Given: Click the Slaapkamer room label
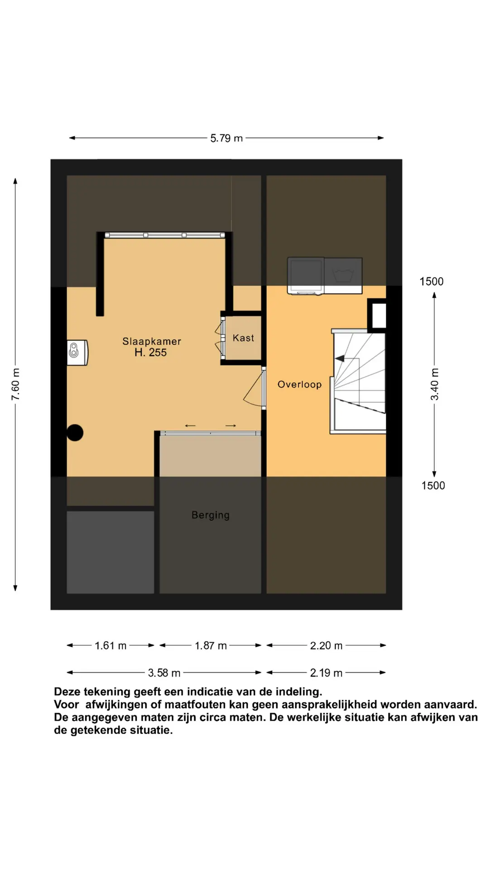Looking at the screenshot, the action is point(152,341).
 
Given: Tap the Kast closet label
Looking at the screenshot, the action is point(244,338).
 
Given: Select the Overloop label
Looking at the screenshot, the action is point(300,385).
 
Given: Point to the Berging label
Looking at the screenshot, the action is point(211,515).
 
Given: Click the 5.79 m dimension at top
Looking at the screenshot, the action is point(226,138).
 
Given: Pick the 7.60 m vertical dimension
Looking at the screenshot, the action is point(15,384).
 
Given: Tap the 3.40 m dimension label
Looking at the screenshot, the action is point(435,384).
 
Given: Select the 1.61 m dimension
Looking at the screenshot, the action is point(110,646).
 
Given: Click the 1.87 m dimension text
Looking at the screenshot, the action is point(211,646).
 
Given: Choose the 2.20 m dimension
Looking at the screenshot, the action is point(326,646).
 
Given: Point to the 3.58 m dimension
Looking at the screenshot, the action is point(164,673).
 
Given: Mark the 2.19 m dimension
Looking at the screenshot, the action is point(326,673).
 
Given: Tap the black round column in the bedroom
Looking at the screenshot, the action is point(75,433).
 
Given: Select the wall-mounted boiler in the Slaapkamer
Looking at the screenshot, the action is point(77,352).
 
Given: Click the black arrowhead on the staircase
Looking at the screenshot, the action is point(340,359).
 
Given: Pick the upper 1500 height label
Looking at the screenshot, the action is point(431,281).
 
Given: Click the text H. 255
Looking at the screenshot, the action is point(151,353).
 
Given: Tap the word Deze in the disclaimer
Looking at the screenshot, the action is point(67,692).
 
